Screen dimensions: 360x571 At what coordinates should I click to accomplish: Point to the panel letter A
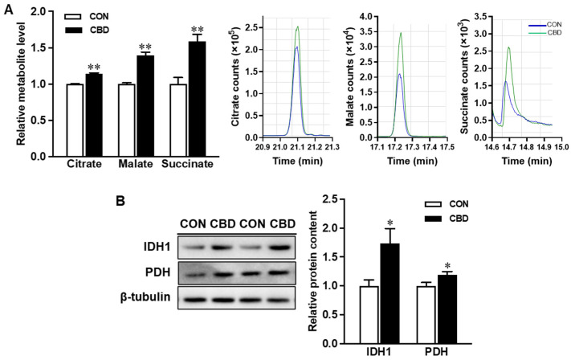click(x=8, y=8)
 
